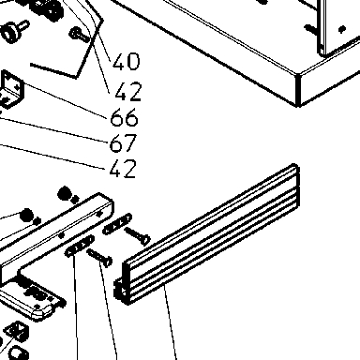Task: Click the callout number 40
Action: pyautogui.click(x=127, y=61)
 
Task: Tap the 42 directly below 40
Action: pyautogui.click(x=128, y=92)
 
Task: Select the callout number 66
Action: pyautogui.click(x=124, y=117)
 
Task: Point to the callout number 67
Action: pyautogui.click(x=123, y=142)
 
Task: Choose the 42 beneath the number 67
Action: pyautogui.click(x=123, y=169)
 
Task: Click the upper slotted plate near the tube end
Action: pyautogui.click(x=117, y=224)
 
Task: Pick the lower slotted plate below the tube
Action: pyautogui.click(x=80, y=246)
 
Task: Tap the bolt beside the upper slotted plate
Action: pyautogui.click(x=138, y=236)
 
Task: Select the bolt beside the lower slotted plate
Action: pyautogui.click(x=99, y=258)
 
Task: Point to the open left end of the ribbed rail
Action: pyautogui.click(x=121, y=289)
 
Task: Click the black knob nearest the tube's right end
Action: pyautogui.click(x=65, y=193)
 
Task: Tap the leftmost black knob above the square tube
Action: pyautogui.click(x=26, y=215)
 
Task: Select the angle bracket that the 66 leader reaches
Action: pyautogui.click(x=12, y=89)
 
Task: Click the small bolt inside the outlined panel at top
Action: pyautogui.click(x=80, y=35)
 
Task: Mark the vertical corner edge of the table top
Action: pyautogui.click(x=298, y=90)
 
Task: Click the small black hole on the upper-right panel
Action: pyautogui.click(x=342, y=29)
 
